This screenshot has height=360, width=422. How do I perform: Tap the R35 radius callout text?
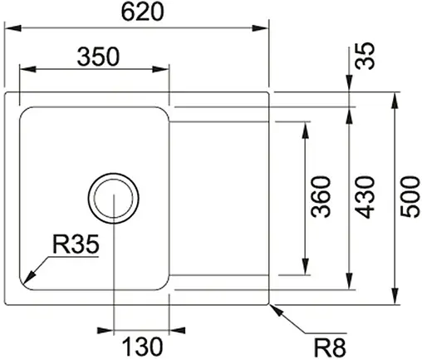[x=76, y=245]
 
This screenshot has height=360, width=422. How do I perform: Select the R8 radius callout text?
[x=331, y=343]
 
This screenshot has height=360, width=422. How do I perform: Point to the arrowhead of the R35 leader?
[x=27, y=279]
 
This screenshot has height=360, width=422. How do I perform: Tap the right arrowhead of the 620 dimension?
[x=266, y=28]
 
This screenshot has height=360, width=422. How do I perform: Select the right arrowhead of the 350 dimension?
[x=165, y=70]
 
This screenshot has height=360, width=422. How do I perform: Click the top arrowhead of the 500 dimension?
[x=392, y=96]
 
